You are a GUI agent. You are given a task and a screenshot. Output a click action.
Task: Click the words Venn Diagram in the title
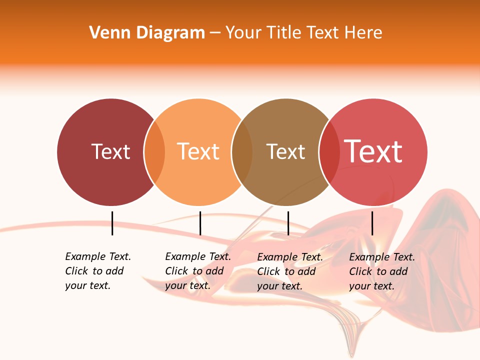pyautogui.click(x=147, y=33)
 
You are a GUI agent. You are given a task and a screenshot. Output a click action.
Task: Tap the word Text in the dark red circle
pyautogui.click(x=110, y=151)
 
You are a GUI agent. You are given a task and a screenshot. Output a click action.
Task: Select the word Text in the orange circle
pyautogui.click(x=198, y=151)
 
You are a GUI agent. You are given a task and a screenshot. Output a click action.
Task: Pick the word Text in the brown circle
pyautogui.click(x=285, y=151)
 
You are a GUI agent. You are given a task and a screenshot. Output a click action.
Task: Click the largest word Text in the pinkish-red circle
pyautogui.click(x=373, y=151)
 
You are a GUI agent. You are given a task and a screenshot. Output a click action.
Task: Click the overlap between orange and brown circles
pyautogui.click(x=242, y=152)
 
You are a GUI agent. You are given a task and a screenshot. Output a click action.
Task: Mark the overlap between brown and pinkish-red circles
pyautogui.click(x=329, y=152)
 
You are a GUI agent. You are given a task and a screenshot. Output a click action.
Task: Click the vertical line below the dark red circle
pyautogui.click(x=112, y=223)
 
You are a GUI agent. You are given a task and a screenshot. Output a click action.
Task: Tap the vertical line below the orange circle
pyautogui.click(x=200, y=223)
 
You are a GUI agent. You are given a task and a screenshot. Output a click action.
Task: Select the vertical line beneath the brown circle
pyautogui.click(x=288, y=223)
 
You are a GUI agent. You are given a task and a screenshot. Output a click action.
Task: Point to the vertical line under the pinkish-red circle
pyautogui.click(x=372, y=223)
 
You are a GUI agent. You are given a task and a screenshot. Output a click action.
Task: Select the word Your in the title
pyautogui.click(x=244, y=33)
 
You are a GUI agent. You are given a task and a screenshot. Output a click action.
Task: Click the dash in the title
pyautogui.click(x=215, y=33)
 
